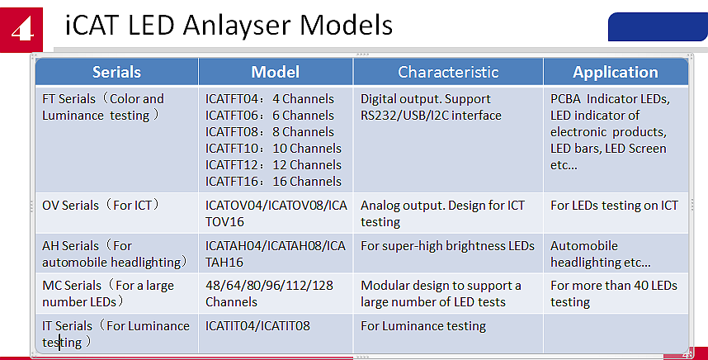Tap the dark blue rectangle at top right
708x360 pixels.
pos(657,26)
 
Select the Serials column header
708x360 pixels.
pos(116,72)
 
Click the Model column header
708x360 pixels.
pos(275,72)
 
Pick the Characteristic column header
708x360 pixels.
pos(447,72)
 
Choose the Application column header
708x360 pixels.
pos(615,72)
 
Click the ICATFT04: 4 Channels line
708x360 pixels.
pos(272,99)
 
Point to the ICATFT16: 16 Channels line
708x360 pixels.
pos(272,182)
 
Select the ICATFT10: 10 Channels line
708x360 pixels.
pos(272,149)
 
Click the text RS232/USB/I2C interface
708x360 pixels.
pos(431,116)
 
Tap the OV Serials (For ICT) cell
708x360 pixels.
pos(101,205)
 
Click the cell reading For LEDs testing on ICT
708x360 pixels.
pos(614,205)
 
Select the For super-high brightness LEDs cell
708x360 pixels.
pos(447,246)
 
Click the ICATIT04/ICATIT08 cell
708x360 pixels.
pos(257,326)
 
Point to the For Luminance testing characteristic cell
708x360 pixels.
pos(422,326)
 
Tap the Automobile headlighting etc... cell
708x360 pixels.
pos(600,254)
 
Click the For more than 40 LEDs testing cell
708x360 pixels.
pos(613,294)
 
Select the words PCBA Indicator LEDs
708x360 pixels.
pos(610,99)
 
